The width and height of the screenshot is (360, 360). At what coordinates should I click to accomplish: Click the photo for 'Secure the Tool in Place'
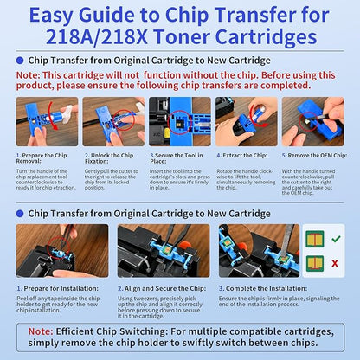(x=179, y=121)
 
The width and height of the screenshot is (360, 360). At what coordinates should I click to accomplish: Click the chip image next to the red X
(x=315, y=262)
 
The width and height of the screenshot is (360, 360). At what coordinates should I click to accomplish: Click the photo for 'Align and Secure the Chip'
(x=162, y=250)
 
